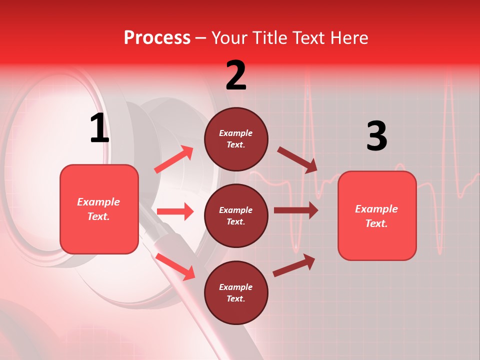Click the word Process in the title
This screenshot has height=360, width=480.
click(157, 38)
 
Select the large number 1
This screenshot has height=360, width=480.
click(99, 129)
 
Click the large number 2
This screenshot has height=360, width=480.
click(236, 75)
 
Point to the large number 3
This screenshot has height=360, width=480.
click(376, 136)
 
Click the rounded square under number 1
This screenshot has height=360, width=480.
click(99, 209)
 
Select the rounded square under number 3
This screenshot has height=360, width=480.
click(377, 215)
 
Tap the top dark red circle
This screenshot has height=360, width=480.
click(236, 139)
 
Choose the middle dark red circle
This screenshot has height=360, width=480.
click(236, 215)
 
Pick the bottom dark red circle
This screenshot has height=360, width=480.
click(236, 292)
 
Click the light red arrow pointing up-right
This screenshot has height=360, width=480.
click(174, 159)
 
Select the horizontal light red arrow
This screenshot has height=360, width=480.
click(175, 211)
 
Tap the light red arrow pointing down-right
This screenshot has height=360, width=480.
click(175, 266)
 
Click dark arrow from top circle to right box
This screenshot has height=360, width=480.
click(297, 159)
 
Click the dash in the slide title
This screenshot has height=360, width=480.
click(200, 38)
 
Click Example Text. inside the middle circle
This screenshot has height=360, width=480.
click(236, 215)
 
